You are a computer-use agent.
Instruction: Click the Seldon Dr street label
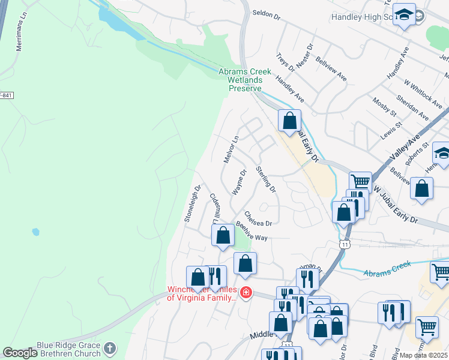point(267,12)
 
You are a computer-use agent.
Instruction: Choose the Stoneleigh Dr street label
point(191,203)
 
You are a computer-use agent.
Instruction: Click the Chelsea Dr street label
point(258,219)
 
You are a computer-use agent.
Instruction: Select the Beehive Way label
point(251,233)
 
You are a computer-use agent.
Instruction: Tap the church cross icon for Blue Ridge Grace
point(110,348)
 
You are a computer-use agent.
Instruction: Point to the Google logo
point(20,353)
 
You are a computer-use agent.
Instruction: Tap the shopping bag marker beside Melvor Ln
point(289,120)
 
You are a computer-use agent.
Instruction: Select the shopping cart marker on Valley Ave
point(360,181)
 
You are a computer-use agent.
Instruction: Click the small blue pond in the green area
point(36,232)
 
